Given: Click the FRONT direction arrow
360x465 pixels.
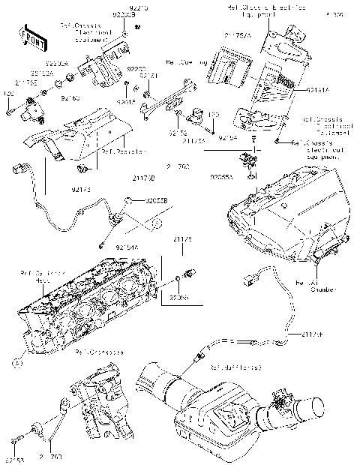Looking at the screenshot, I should point(28,35).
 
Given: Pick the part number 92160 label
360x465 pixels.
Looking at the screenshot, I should point(70,97).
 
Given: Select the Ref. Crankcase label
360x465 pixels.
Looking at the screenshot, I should point(101,349).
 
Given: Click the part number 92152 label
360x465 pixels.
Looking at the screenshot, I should point(178,133).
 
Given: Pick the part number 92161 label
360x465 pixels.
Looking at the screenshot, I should point(149,76).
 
